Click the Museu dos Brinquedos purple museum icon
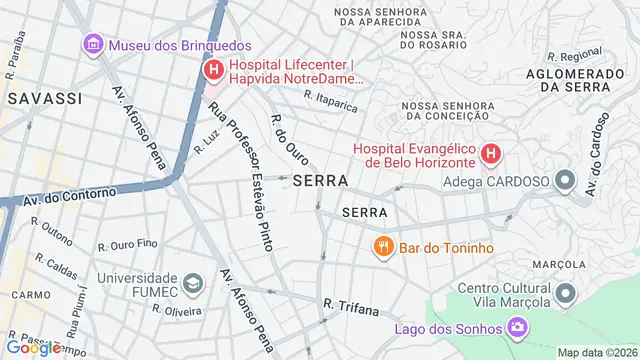(93, 44)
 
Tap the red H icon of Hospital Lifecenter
(213, 70)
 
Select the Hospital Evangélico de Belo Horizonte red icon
(490, 154)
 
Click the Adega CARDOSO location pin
(565, 181)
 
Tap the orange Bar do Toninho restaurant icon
(382, 247)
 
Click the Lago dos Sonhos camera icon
(517, 327)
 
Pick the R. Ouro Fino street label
(128, 244)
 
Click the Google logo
(33, 347)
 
